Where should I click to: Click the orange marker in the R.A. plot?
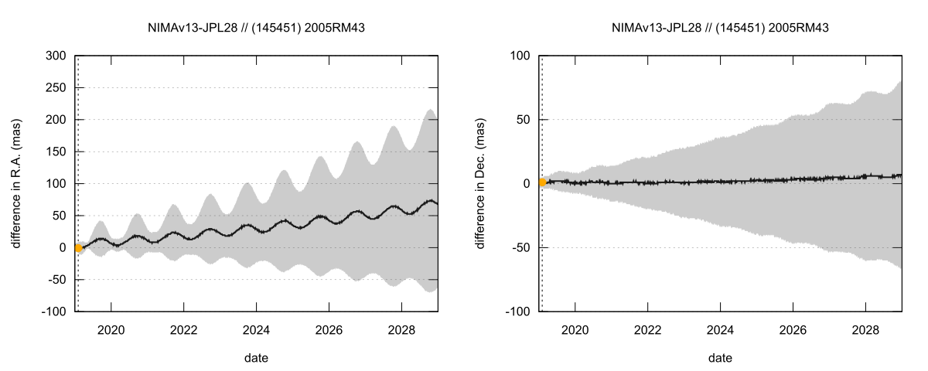point(78,247)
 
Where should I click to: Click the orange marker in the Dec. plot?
point(542,182)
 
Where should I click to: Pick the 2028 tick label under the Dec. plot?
point(865,330)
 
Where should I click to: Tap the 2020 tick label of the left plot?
point(111,330)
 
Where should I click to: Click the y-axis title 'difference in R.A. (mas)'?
point(16,183)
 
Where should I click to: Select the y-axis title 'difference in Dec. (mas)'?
point(480,183)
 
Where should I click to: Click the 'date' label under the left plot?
point(256,357)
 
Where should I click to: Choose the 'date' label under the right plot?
point(720,357)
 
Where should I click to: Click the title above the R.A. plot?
point(256,28)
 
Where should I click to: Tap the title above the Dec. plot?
point(720,28)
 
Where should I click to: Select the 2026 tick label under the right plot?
point(793,330)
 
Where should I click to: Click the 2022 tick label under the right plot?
point(647,330)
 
